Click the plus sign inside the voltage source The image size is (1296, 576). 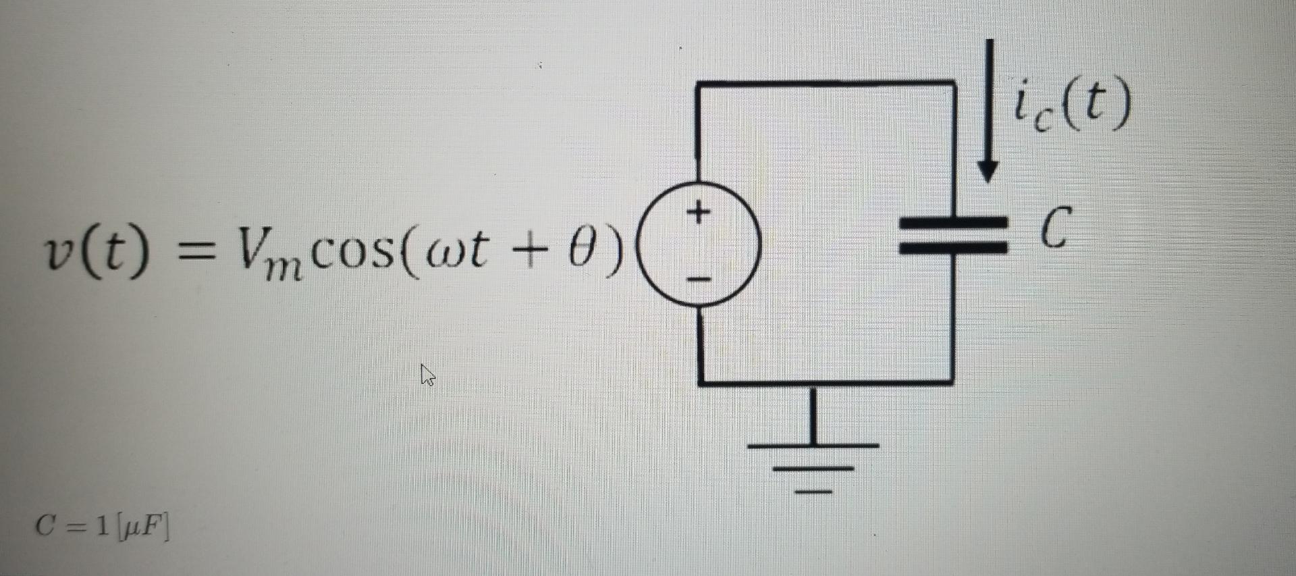[699, 212]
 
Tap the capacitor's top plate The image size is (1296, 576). [953, 222]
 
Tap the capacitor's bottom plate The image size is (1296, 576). [953, 246]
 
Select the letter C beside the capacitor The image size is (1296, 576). [1054, 228]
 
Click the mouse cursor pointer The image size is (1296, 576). [427, 374]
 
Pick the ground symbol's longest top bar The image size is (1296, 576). [814, 446]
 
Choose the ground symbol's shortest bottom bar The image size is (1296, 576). [814, 492]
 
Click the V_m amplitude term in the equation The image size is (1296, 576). [265, 254]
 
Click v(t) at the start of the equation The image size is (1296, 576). [94, 253]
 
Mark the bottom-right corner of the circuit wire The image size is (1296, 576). [952, 382]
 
